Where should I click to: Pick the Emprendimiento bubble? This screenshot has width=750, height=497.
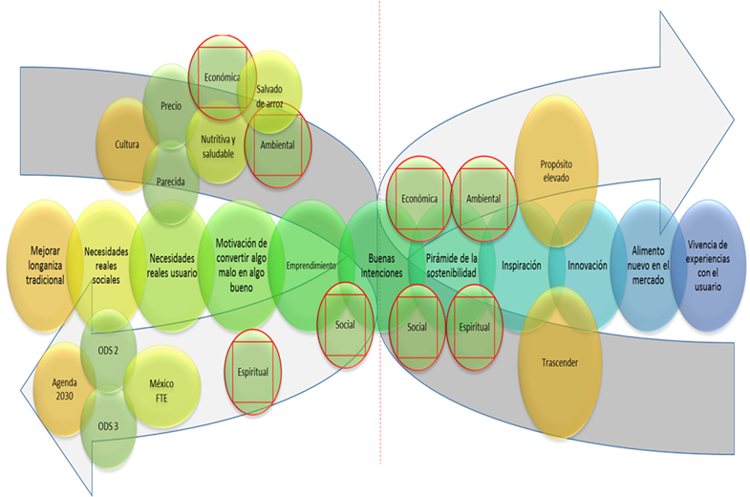point(310,265)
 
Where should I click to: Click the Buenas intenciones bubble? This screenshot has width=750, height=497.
point(380,266)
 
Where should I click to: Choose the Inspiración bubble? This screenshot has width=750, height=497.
point(522,265)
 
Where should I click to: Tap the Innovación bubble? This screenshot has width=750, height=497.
point(587,265)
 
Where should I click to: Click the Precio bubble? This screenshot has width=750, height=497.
point(172,107)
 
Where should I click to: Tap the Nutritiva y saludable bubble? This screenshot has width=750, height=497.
point(218,145)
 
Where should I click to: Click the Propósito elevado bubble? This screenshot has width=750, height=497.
point(557,170)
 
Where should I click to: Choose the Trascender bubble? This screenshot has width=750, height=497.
point(557,362)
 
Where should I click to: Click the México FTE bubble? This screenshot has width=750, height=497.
point(161,390)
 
